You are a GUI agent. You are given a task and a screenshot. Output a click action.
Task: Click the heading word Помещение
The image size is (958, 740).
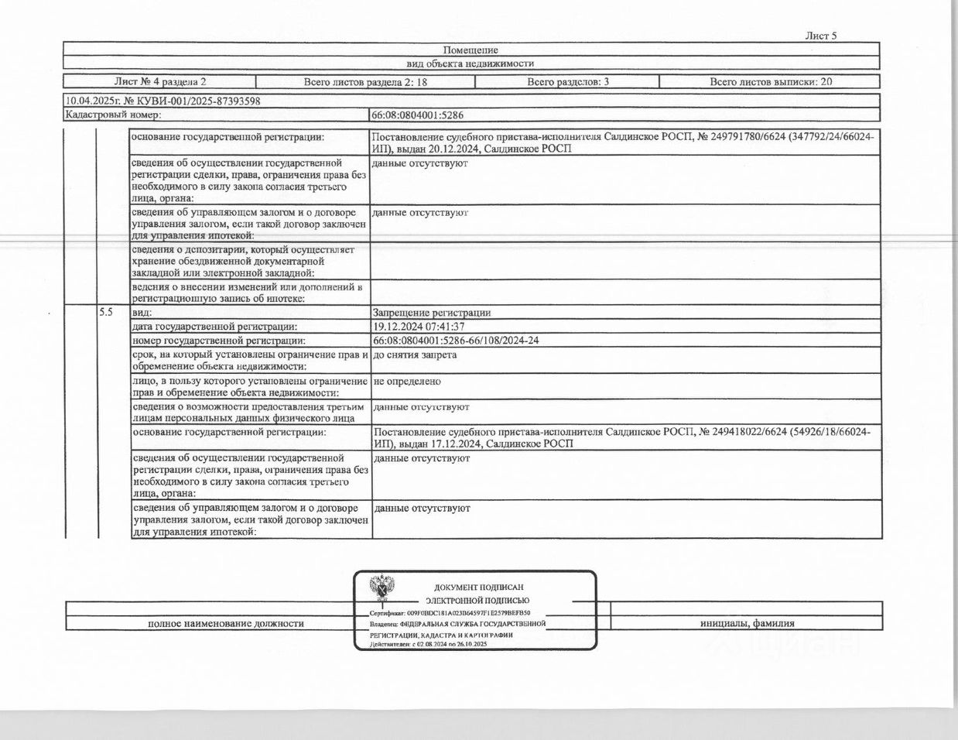click(470, 50)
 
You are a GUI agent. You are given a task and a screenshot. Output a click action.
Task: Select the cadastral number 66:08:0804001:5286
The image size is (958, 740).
click(418, 115)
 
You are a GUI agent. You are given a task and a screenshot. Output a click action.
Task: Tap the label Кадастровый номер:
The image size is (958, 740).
click(113, 115)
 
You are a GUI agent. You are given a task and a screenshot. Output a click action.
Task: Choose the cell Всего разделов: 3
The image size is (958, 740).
click(568, 81)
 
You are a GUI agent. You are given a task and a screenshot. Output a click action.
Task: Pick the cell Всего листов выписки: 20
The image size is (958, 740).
click(771, 81)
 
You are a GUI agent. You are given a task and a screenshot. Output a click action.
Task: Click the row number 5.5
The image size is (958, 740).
click(106, 312)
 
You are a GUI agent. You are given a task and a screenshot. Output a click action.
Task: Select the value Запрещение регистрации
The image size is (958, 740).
click(432, 313)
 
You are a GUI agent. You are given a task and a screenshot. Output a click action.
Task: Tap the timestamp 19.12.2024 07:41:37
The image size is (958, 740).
click(419, 327)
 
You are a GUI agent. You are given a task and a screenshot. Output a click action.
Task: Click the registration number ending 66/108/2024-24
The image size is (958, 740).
click(456, 341)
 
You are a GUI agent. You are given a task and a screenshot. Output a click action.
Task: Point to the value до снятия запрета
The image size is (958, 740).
click(415, 355)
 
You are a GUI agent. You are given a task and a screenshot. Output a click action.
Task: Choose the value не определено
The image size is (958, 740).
click(407, 381)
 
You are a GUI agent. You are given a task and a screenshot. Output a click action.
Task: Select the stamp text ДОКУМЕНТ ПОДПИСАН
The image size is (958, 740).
click(478, 588)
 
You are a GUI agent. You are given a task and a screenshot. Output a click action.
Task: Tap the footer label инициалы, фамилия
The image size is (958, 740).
click(747, 623)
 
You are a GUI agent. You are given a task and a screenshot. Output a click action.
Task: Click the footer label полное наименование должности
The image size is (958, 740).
click(225, 623)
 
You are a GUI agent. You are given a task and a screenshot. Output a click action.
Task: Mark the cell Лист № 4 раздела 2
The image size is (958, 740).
click(160, 81)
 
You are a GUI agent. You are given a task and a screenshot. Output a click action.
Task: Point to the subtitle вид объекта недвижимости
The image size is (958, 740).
click(470, 63)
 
